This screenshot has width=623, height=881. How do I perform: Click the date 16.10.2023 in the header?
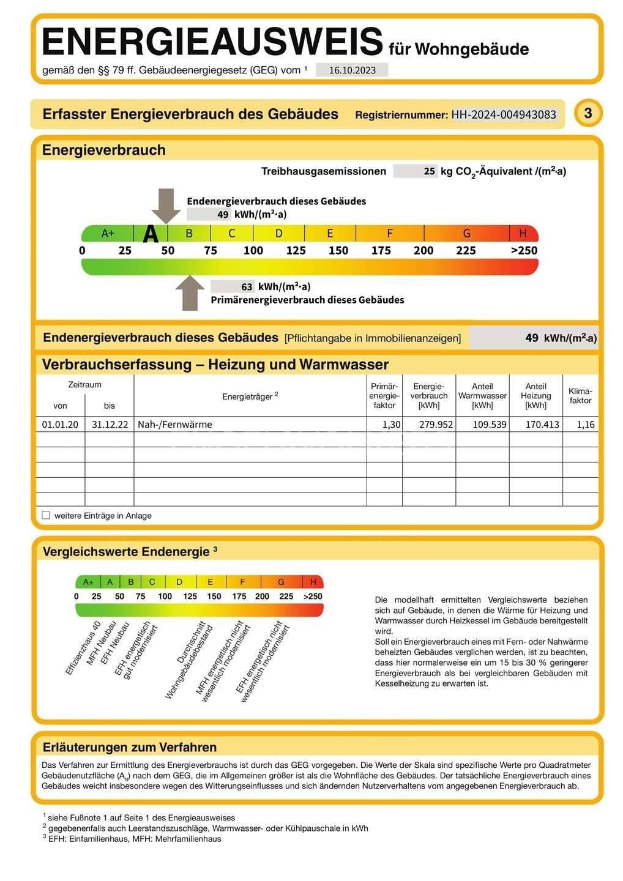pyautogui.click(x=352, y=70)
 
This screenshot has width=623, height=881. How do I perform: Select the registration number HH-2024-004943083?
pyautogui.click(x=504, y=114)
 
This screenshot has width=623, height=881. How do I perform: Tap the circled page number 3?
pyautogui.click(x=588, y=113)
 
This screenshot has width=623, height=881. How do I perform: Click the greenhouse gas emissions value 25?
pyautogui.click(x=429, y=171)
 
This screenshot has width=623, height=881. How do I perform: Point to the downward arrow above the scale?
pyautogui.click(x=166, y=206)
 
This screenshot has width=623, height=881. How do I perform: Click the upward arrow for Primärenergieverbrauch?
pyautogui.click(x=190, y=293)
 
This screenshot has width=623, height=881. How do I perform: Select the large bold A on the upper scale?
pyautogui.click(x=151, y=234)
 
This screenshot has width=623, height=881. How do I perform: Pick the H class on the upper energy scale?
pyautogui.click(x=523, y=233)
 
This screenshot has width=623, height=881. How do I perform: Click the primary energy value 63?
pyautogui.click(x=247, y=286)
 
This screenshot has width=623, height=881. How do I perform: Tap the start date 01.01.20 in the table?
pyautogui.click(x=60, y=424)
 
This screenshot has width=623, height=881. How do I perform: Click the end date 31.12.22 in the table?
pyautogui.click(x=110, y=424)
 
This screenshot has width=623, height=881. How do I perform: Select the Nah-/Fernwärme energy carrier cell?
pyautogui.click(x=175, y=424)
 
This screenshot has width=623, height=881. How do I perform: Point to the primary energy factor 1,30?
pyautogui.click(x=392, y=424)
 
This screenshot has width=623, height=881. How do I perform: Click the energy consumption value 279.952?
pyautogui.click(x=436, y=424)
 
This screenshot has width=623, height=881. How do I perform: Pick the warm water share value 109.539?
pyautogui.click(x=489, y=424)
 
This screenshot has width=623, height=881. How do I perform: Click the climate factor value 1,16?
pyautogui.click(x=586, y=424)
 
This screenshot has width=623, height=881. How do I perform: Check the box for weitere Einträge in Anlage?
pyautogui.click(x=46, y=515)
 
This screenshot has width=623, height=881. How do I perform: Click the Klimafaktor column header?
pyautogui.click(x=580, y=396)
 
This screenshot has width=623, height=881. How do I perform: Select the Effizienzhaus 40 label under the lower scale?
pyautogui.click(x=83, y=648)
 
